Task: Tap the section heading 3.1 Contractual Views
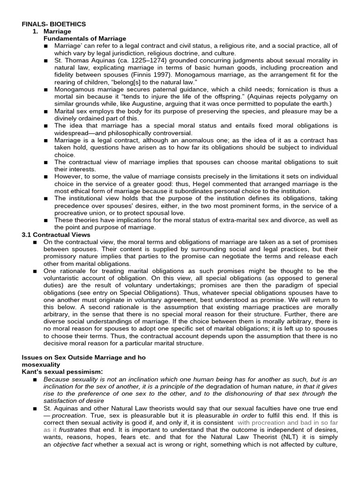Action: click(x=56, y=234)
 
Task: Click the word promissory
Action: click(x=64, y=256)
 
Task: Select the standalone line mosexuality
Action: click(x=41, y=364)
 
